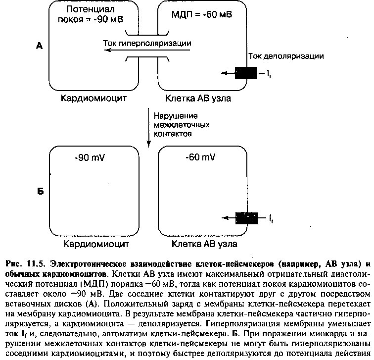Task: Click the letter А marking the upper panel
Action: [40, 46]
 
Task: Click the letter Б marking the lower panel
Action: [41, 191]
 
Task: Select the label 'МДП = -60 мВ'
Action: [202, 14]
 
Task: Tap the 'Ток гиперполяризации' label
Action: [147, 43]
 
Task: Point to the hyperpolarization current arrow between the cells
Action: [147, 50]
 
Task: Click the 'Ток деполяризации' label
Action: [286, 56]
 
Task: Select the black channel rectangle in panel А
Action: [246, 73]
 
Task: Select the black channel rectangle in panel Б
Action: [246, 218]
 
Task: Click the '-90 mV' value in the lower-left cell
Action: [90, 157]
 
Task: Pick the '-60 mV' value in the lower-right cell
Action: [200, 157]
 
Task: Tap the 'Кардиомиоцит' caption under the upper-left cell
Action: [93, 98]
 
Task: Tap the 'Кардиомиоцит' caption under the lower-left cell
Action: [96, 244]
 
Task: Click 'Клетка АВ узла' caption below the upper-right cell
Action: [198, 98]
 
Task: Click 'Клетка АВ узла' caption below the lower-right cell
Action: [204, 244]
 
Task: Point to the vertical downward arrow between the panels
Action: [148, 128]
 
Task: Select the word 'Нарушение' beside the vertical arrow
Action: [176, 116]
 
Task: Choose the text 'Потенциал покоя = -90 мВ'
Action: [91, 14]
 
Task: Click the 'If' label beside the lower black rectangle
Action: [271, 218]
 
